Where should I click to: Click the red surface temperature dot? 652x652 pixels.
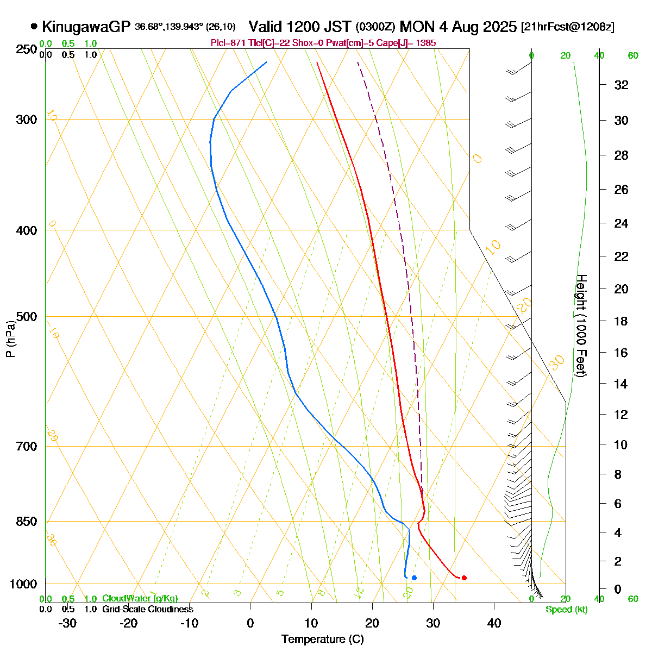464,578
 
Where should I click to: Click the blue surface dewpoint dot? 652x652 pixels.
414,578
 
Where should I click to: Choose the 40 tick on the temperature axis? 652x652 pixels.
494,623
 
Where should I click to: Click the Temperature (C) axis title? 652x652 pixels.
323,640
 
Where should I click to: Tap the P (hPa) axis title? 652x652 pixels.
10,340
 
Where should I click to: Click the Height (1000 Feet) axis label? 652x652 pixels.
581,325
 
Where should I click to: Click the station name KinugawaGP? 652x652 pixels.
86,26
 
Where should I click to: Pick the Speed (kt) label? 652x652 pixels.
567,610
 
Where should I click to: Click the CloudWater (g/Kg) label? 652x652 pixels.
140,598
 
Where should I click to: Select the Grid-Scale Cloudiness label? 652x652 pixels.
147,609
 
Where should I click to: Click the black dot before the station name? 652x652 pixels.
34,26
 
